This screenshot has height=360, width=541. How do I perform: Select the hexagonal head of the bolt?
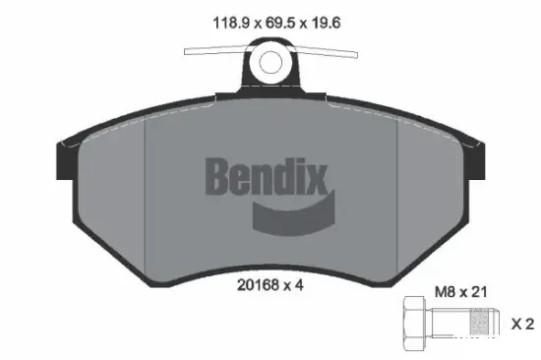[412, 323]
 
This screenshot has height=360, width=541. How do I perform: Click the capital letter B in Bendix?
[218, 177]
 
